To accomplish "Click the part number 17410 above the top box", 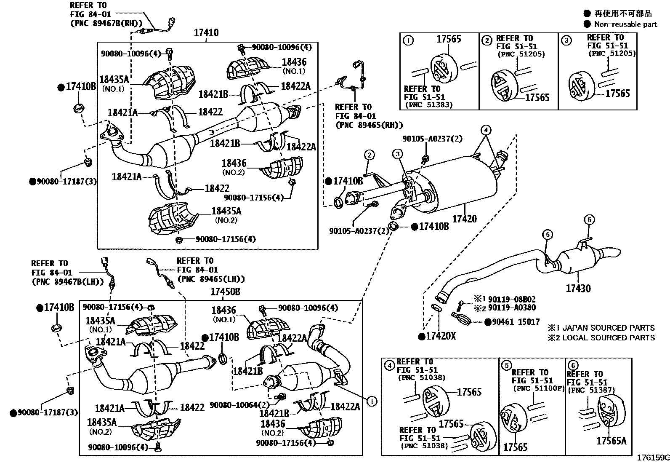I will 206,33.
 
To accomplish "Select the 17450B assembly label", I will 225,292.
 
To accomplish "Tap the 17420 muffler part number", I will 465,219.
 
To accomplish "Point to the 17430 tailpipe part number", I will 578,289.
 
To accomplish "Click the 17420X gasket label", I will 441,336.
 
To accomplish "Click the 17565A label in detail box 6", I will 611,441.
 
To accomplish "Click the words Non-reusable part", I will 625,24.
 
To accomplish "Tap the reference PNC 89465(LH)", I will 211,278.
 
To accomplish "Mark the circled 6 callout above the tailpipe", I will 589,219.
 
